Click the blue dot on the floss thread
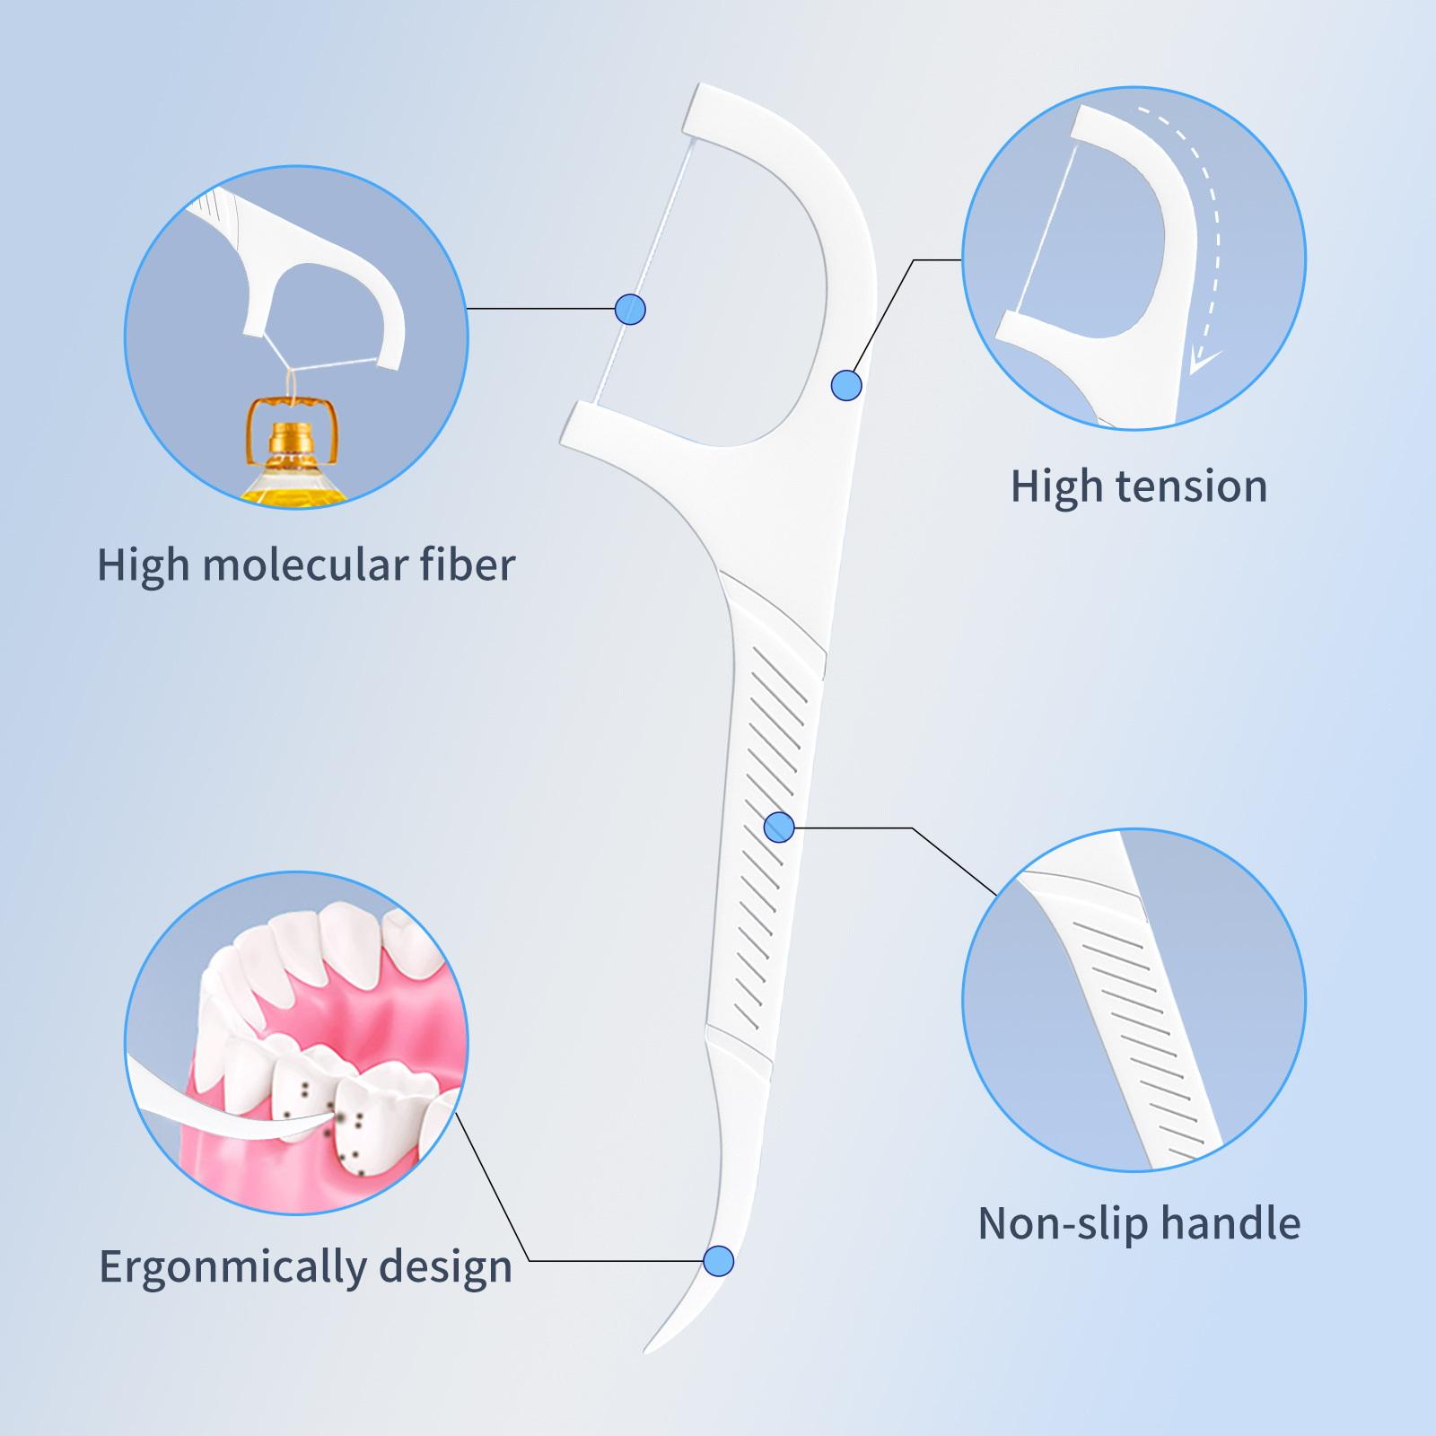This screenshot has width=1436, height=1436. click(631, 309)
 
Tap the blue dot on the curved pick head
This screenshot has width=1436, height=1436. click(846, 386)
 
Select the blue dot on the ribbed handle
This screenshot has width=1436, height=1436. click(779, 827)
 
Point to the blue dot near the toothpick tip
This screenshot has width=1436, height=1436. click(718, 1261)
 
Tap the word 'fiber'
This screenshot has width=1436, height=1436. click(468, 565)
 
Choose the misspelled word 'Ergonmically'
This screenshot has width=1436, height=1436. click(233, 1267)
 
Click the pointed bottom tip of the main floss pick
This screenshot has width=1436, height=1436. click(645, 1352)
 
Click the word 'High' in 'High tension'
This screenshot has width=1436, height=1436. click(1055, 486)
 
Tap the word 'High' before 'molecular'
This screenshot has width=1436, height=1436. click(144, 565)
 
